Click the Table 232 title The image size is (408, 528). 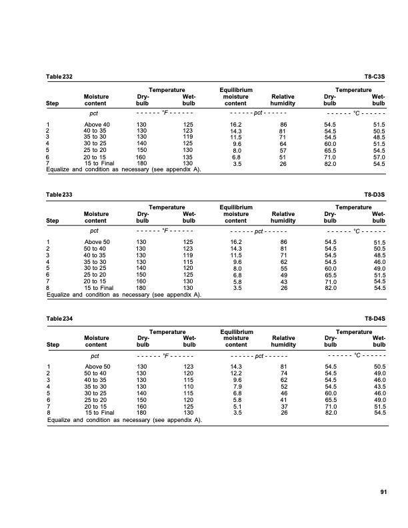pyautogui.click(x=59, y=77)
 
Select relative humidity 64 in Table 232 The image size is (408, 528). pyautogui.click(x=283, y=144)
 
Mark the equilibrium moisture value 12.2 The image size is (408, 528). pyautogui.click(x=235, y=373)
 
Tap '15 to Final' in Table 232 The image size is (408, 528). pyautogui.click(x=99, y=163)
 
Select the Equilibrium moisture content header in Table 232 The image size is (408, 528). pyautogui.click(x=235, y=96)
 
